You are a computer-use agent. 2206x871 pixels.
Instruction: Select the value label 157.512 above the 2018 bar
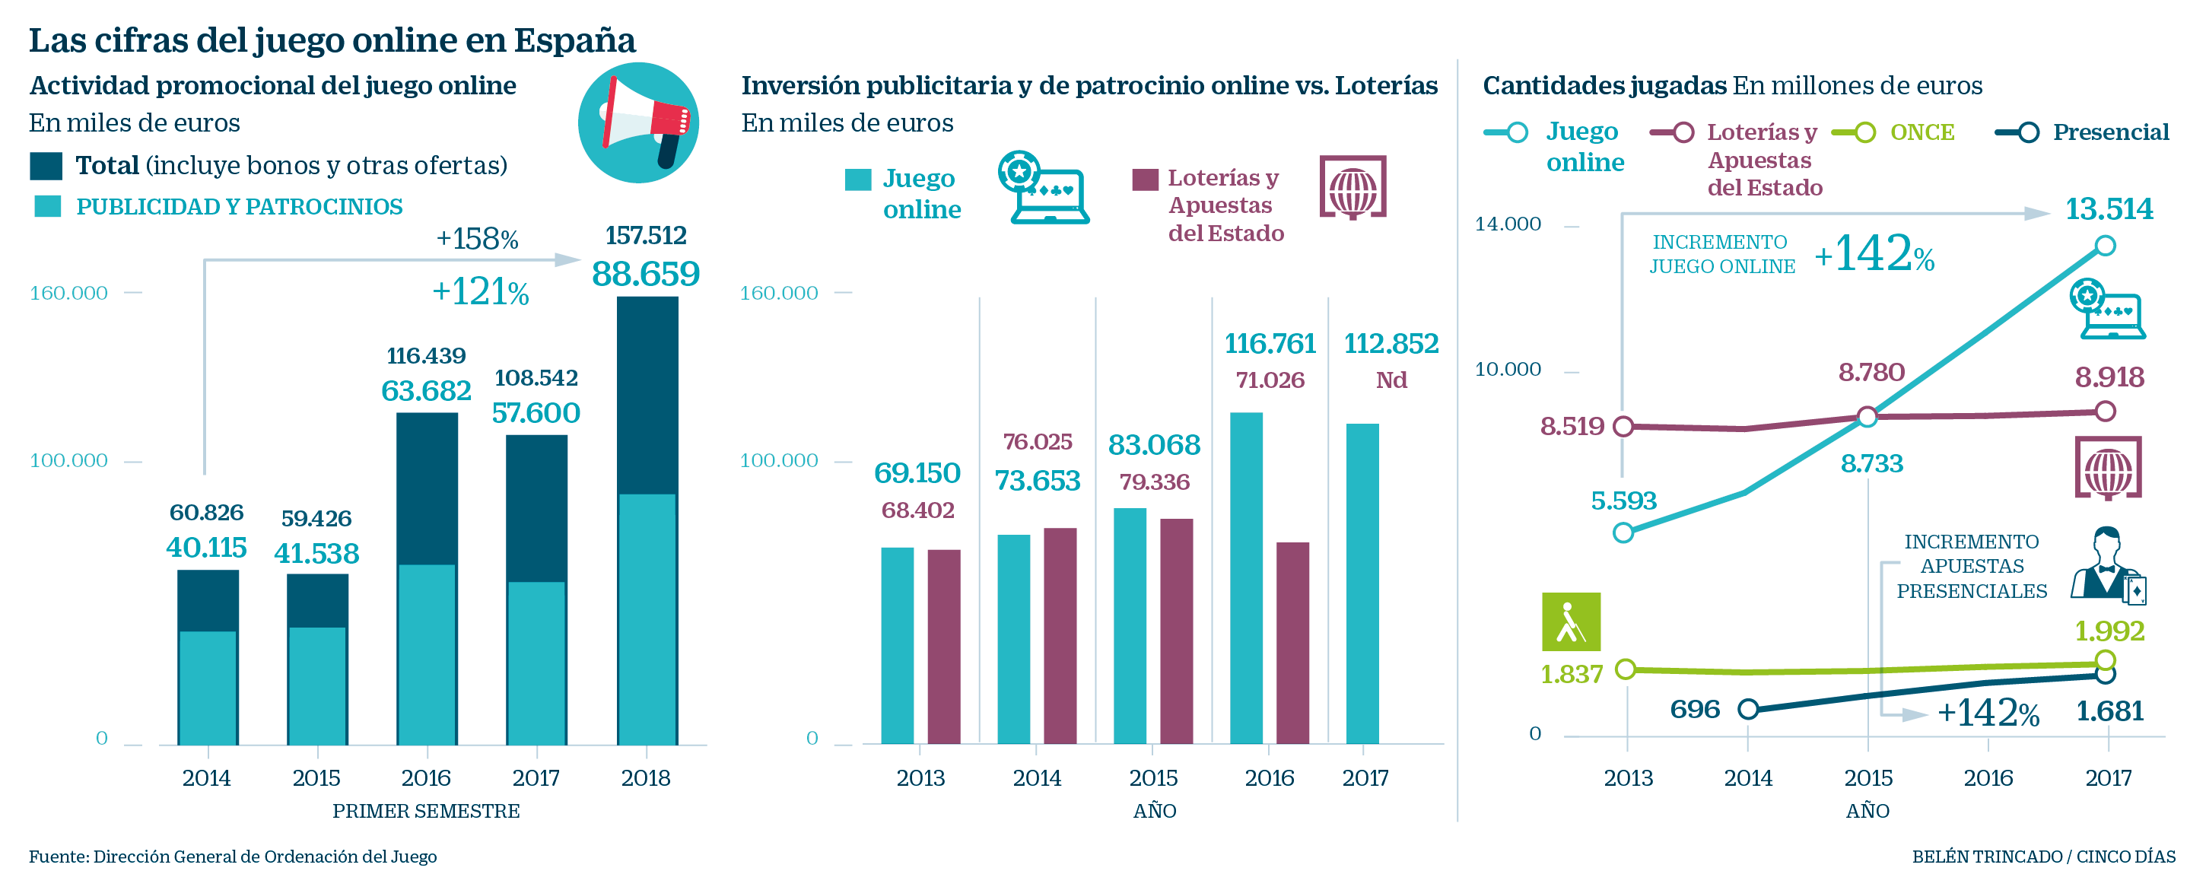[x=646, y=236]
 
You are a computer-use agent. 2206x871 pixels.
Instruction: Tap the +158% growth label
[x=477, y=239]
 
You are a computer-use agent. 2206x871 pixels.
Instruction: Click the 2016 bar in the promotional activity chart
[x=427, y=578]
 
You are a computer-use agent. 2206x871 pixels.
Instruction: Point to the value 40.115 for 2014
[x=206, y=547]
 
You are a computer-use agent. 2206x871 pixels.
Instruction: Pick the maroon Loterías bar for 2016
[x=1292, y=642]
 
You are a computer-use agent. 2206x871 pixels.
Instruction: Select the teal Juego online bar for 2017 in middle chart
[x=1362, y=583]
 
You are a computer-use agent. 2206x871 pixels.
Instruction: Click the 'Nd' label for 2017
[x=1391, y=380]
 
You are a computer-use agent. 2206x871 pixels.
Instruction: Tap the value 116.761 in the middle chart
[x=1269, y=343]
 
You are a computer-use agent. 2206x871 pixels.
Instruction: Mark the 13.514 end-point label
[x=2109, y=209]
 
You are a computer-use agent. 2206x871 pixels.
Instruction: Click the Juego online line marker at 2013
[x=1623, y=532]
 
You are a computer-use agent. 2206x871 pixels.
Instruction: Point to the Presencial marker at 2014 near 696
[x=1748, y=709]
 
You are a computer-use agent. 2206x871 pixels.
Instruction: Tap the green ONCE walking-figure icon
[x=1571, y=621]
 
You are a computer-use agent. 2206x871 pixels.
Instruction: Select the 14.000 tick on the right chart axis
[x=1507, y=224]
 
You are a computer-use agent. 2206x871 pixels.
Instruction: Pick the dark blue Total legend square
[x=46, y=166]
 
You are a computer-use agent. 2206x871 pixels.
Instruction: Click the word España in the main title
[x=574, y=40]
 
